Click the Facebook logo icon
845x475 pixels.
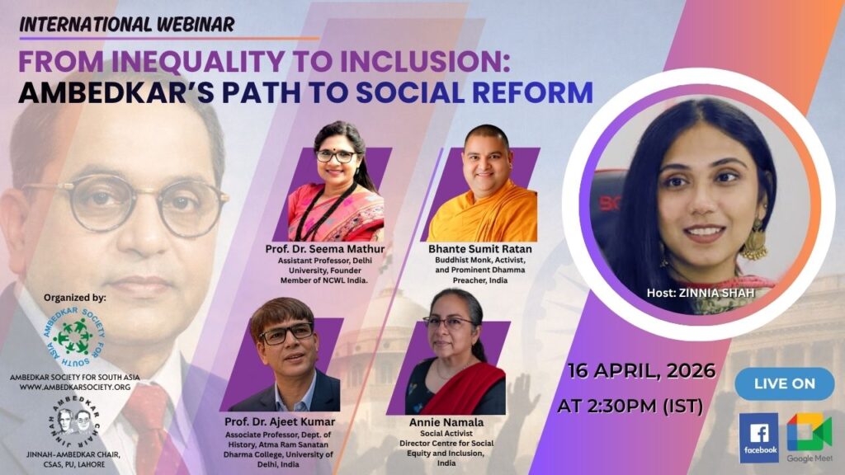click(x=759, y=437)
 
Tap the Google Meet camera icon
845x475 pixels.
click(x=810, y=431)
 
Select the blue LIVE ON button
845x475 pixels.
click(x=785, y=383)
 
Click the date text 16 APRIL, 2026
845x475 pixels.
click(x=641, y=370)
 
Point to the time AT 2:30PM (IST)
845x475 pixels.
click(x=630, y=406)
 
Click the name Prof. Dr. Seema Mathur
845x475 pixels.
click(x=325, y=249)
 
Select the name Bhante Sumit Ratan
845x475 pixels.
click(x=479, y=249)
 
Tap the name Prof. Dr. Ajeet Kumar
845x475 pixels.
click(x=280, y=421)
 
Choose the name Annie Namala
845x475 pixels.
click(x=446, y=422)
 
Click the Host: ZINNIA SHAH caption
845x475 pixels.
click(x=701, y=293)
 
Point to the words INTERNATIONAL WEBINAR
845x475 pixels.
click(x=127, y=24)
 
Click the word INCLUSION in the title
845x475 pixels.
click(x=424, y=61)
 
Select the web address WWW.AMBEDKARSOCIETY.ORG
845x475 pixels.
click(x=75, y=388)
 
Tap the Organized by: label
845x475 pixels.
click(x=75, y=298)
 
